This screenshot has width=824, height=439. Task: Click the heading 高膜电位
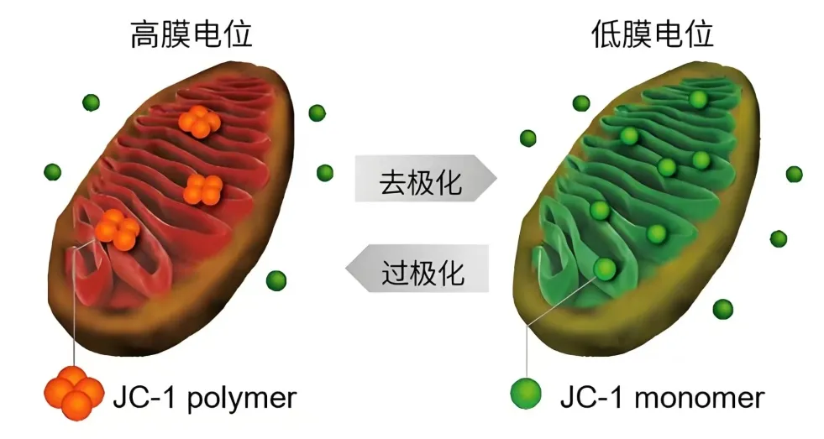192,34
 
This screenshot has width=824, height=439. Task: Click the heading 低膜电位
652,34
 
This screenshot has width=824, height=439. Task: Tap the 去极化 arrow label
421,181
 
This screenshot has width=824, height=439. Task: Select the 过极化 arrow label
422,272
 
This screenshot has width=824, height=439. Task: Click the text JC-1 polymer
205,398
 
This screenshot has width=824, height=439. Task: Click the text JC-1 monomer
662,398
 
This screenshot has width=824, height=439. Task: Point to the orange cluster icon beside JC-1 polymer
74,393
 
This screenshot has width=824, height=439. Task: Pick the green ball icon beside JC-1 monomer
526,394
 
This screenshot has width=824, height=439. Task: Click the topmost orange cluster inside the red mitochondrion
199,122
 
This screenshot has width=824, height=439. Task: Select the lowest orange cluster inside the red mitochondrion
118,229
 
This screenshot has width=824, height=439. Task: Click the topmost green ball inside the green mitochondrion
698,99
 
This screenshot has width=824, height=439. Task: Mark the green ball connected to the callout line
605,269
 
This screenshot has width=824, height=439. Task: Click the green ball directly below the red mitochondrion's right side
276,281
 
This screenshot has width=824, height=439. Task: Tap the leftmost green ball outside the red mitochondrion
53,172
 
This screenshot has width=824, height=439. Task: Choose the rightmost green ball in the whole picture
794,175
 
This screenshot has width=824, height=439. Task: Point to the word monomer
700,399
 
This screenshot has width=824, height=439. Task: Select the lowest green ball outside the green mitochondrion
723,309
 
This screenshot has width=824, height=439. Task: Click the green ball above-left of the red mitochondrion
92,102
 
